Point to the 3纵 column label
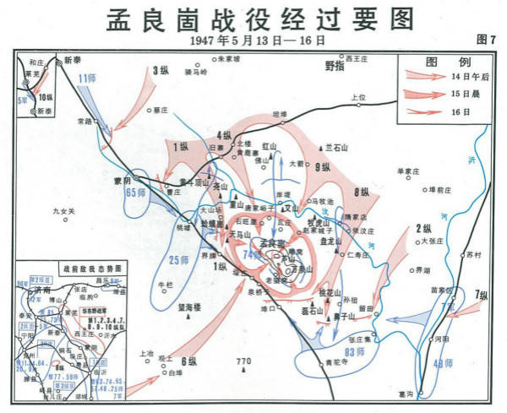(x=161, y=71)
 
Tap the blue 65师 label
(x=136, y=193)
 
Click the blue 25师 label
(x=179, y=259)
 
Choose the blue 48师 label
(x=442, y=365)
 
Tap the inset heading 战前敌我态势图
(x=69, y=268)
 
